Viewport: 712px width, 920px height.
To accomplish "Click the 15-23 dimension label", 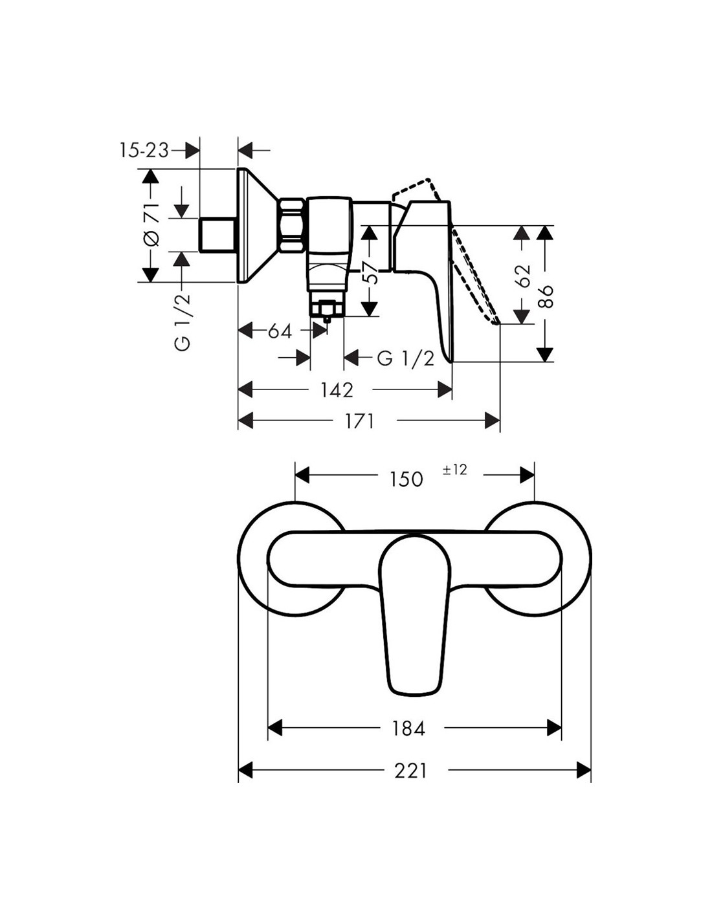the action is click(x=144, y=150).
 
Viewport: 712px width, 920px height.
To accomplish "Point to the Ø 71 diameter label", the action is click(x=152, y=225).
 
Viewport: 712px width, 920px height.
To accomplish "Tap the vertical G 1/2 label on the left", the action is click(x=182, y=322).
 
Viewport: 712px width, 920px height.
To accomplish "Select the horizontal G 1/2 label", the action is click(x=406, y=359).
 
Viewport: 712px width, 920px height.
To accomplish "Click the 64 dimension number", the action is click(x=280, y=331).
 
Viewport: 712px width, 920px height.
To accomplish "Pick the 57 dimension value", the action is click(x=370, y=274).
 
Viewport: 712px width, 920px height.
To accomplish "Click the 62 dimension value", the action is click(x=524, y=276).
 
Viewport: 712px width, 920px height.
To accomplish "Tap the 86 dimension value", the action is click(x=546, y=296).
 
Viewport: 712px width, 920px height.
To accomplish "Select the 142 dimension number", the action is click(x=337, y=390).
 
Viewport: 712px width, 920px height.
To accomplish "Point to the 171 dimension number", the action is click(x=359, y=421).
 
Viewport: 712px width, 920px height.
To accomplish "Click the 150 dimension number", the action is click(x=406, y=479).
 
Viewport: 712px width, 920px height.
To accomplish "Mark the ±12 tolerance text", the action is click(x=455, y=470).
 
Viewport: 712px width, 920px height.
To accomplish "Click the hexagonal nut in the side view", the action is click(x=292, y=226).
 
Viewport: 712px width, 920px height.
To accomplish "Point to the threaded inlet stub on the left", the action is click(x=217, y=235).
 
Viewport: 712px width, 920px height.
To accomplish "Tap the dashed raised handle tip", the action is click(x=496, y=322).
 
